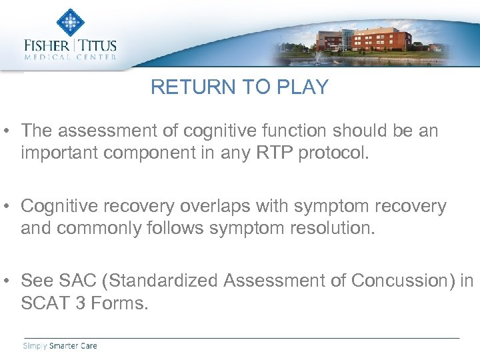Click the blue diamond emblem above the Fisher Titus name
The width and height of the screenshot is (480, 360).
(70, 23)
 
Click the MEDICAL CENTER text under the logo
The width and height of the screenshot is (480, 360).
(70, 58)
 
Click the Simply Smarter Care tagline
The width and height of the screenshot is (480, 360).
(60, 346)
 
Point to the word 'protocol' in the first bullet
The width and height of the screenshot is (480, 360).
(331, 153)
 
